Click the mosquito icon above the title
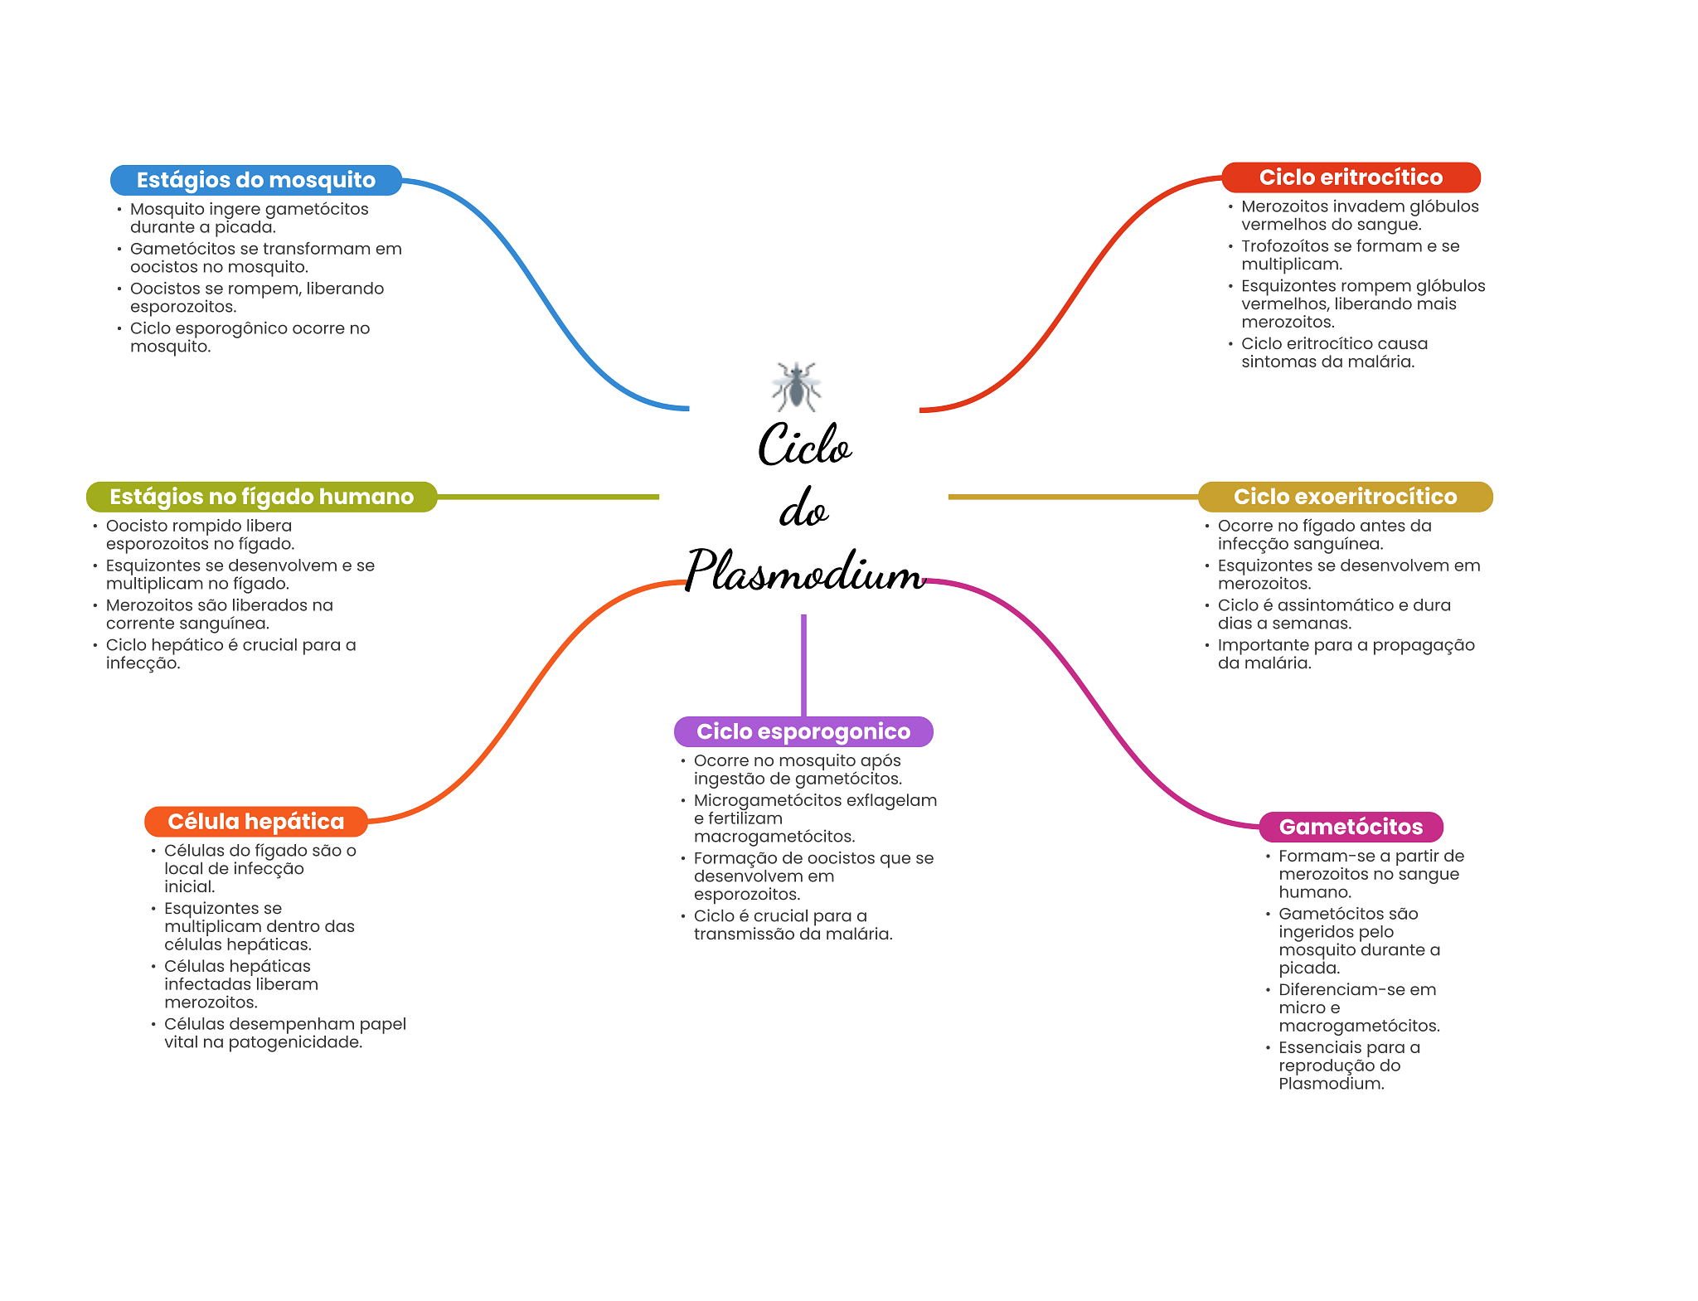pyautogui.click(x=796, y=386)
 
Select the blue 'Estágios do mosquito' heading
pyautogui.click(x=255, y=180)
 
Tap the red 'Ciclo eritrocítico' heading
pyautogui.click(x=1350, y=177)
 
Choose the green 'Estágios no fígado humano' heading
pyautogui.click(x=261, y=497)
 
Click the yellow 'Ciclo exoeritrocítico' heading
pyautogui.click(x=1344, y=497)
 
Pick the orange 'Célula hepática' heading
pyautogui.click(x=255, y=822)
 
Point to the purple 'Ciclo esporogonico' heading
pyautogui.click(x=803, y=731)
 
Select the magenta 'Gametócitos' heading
pyautogui.click(x=1350, y=827)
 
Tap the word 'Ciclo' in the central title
pyautogui.click(x=804, y=445)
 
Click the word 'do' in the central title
pyautogui.click(x=803, y=509)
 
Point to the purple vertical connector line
pyautogui.click(x=803, y=663)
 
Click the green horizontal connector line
pyautogui.click(x=547, y=497)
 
